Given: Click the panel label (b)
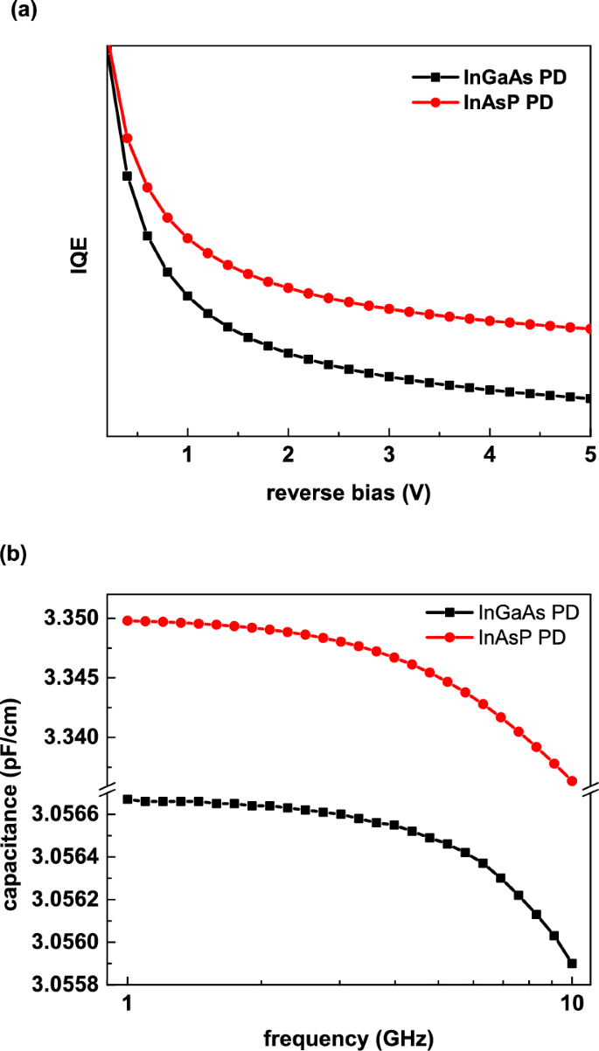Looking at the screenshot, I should [x=19, y=553].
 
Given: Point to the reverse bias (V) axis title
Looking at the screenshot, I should [x=348, y=493].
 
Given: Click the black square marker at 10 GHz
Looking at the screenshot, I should [x=572, y=964].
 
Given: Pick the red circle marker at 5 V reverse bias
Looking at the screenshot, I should [x=589, y=328].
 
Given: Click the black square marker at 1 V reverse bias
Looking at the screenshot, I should [x=187, y=296].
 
